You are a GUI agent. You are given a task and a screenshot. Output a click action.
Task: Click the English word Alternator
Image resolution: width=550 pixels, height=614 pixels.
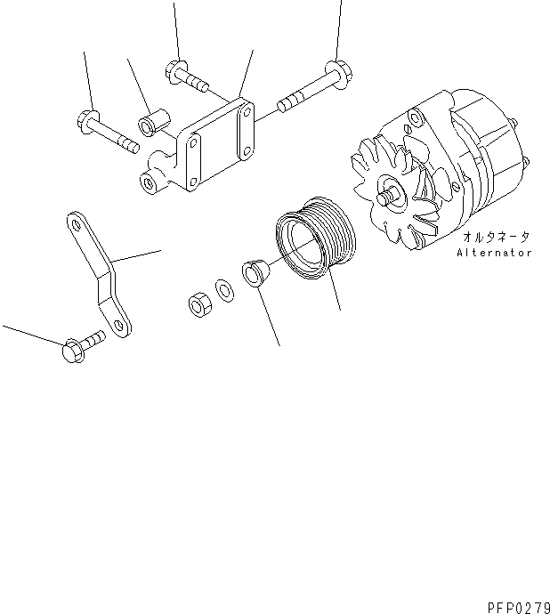point(494,253)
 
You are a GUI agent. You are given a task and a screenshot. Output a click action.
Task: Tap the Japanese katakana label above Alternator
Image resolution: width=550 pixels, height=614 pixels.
point(495,238)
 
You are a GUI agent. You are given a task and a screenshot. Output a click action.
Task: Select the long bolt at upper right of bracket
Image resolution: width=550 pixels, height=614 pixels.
point(311,89)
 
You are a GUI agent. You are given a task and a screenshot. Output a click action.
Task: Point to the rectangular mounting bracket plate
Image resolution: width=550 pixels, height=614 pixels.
point(214,147)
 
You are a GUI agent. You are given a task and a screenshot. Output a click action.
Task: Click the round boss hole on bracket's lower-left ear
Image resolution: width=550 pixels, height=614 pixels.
point(148,182)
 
